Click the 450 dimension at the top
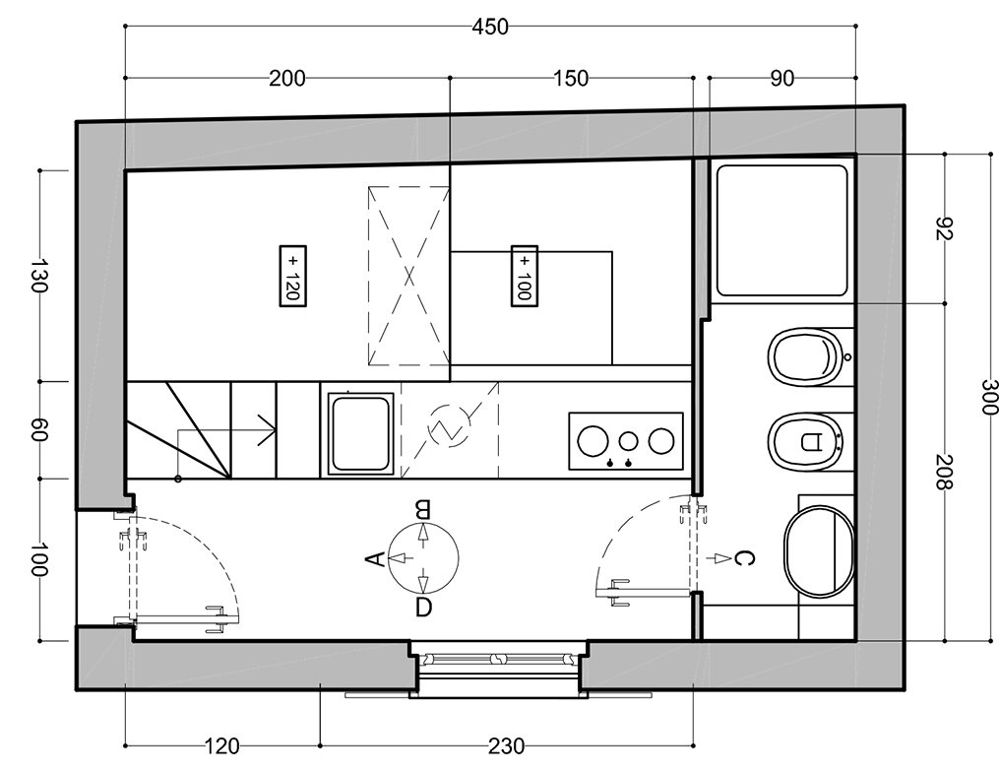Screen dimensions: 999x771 coord(490,27)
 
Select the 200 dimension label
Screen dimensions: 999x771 coord(286,79)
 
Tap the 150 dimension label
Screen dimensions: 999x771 coord(571,79)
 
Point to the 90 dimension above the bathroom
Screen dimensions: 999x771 coord(782,79)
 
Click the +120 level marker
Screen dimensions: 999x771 coord(293,277)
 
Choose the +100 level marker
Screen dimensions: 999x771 coord(525,276)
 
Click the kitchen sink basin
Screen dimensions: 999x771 coord(360,434)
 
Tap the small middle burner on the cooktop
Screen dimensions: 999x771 coord(629,440)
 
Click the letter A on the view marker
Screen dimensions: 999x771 coord(375,558)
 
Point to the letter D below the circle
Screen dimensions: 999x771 coord(423,608)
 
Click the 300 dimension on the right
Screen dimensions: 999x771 coord(988,397)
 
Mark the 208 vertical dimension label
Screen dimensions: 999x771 coord(944,472)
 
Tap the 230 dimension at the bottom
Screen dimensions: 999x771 coord(507,745)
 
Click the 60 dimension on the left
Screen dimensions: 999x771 coord(39,430)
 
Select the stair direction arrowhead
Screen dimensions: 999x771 coord(269,430)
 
